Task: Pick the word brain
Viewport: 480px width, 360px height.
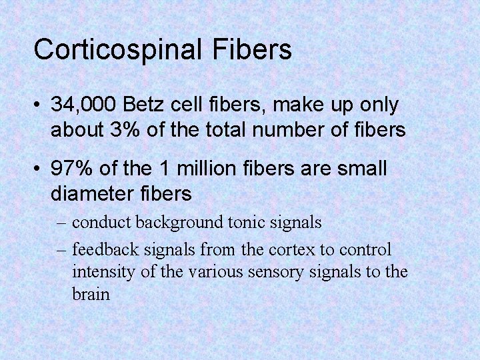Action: coord(91,293)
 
